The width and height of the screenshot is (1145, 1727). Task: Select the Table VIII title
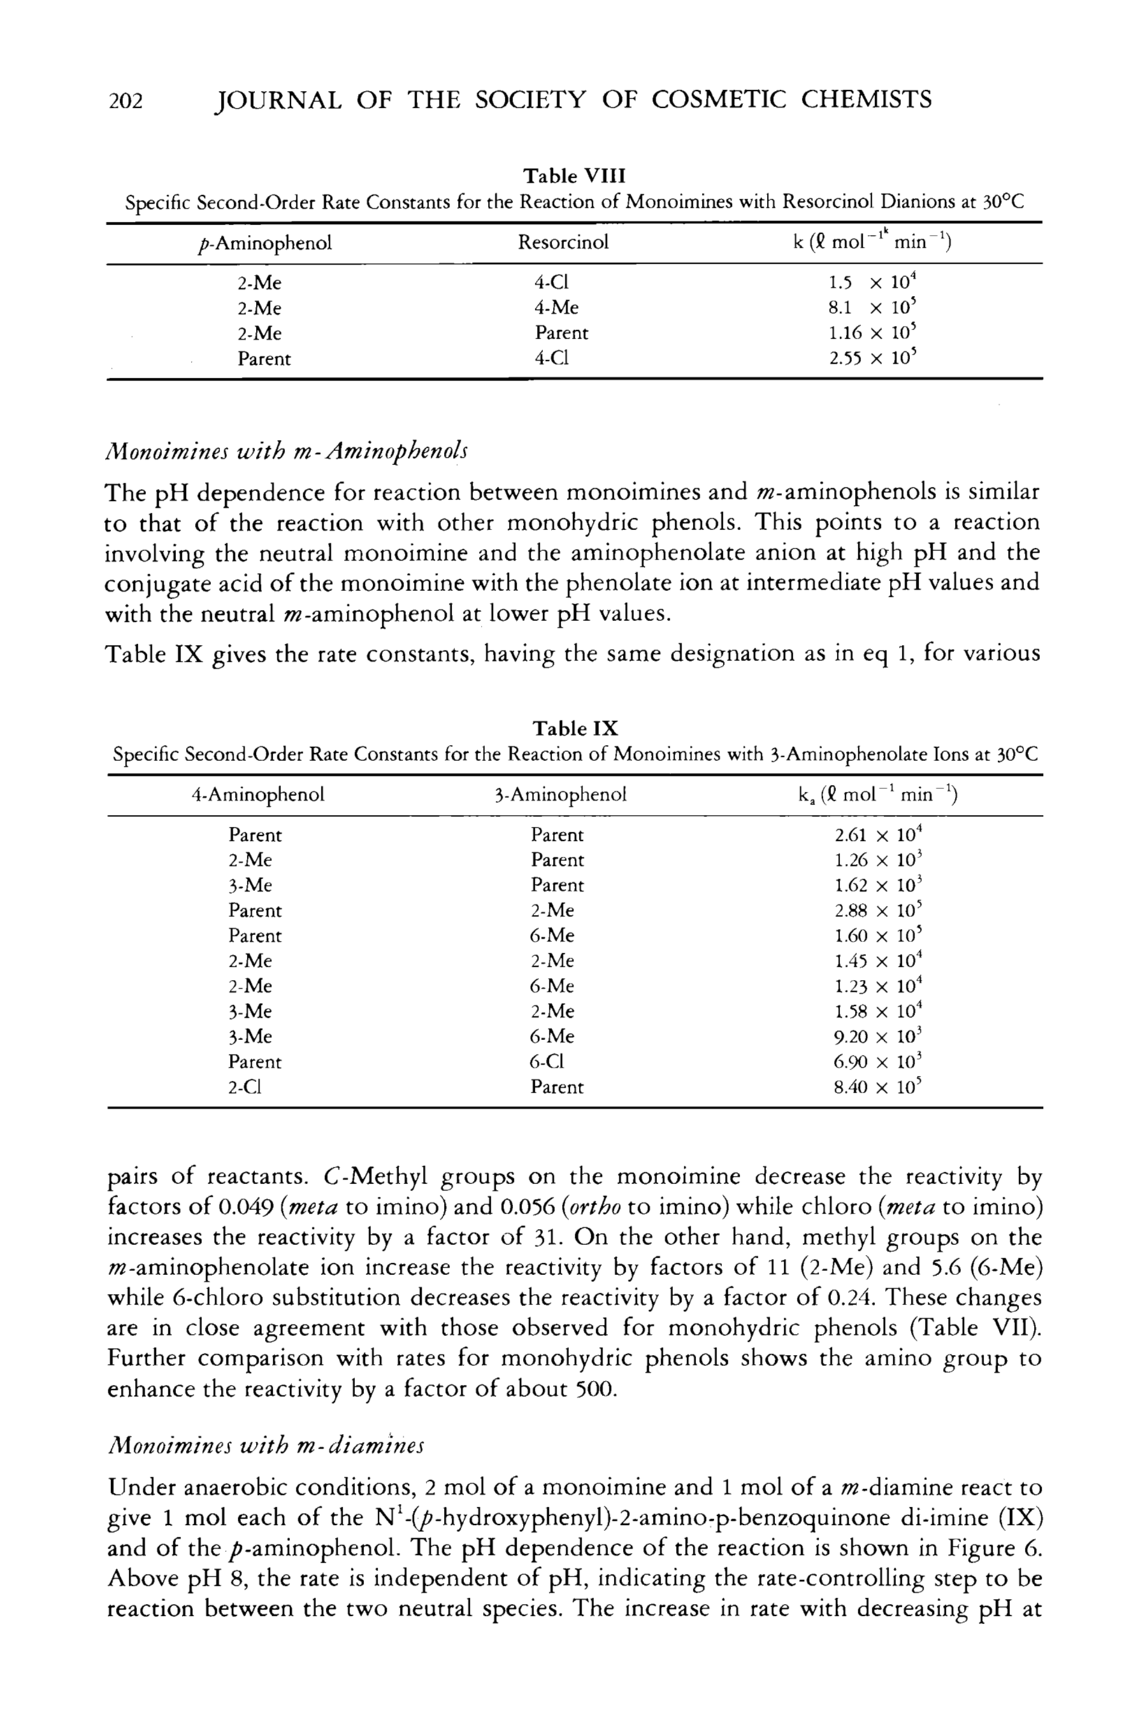[x=575, y=176]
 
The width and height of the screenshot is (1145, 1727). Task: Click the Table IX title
[x=575, y=728]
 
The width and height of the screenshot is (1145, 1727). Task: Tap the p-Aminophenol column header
[x=260, y=243]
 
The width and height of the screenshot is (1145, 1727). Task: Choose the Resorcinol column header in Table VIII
[x=563, y=243]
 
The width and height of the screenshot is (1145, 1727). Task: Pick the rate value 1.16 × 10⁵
[x=872, y=333]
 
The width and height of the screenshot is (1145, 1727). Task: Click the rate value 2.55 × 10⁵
[x=872, y=359]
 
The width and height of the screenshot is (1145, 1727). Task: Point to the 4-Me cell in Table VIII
[x=556, y=308]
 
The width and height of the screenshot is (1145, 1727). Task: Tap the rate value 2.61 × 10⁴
[x=872, y=835]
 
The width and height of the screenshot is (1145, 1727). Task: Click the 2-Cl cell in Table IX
[x=245, y=1087]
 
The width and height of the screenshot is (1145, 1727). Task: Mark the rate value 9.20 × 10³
[x=872, y=1037]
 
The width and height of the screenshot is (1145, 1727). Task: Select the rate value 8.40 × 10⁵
[x=872, y=1087]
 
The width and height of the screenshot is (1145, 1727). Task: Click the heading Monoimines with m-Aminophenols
[x=287, y=450]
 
